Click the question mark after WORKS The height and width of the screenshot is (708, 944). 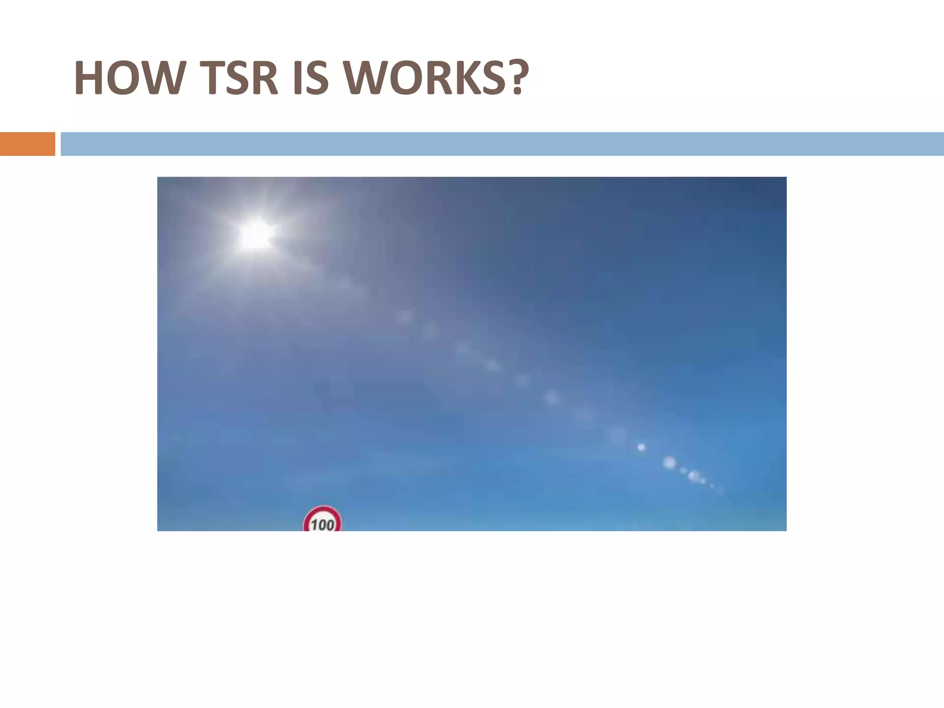click(x=512, y=78)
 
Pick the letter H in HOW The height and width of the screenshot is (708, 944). click(x=89, y=78)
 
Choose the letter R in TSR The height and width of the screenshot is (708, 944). click(x=263, y=78)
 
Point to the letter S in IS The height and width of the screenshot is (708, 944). click(x=318, y=78)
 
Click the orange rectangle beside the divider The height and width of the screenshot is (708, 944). click(x=27, y=144)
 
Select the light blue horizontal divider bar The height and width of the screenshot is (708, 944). click(x=502, y=144)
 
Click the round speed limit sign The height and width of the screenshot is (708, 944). click(x=322, y=520)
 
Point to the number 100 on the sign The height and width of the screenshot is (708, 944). click(x=323, y=525)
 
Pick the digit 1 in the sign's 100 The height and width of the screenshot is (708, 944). click(x=313, y=525)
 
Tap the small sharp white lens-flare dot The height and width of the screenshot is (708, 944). click(x=641, y=447)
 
